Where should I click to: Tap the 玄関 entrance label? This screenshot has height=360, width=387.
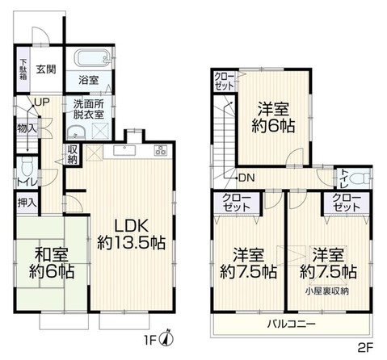(45, 69)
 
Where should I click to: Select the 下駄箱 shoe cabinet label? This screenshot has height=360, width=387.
(24, 69)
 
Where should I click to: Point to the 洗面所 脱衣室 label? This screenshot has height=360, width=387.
(88, 109)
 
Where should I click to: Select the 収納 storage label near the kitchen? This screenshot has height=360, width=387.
(73, 153)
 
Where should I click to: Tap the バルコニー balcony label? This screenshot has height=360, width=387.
(292, 324)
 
